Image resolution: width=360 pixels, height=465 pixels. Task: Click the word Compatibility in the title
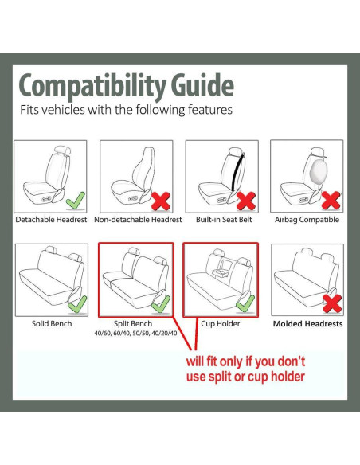[x=92, y=86]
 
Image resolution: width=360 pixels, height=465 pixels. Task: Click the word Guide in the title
[x=202, y=85]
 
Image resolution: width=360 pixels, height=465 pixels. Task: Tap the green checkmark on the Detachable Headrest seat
[x=76, y=201]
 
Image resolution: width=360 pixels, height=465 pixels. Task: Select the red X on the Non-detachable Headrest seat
[x=161, y=201]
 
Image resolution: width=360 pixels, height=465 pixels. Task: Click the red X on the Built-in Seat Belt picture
[x=246, y=201]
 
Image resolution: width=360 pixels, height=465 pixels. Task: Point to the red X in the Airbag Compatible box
[x=331, y=201]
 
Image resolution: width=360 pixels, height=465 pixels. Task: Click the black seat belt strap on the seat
[x=238, y=173]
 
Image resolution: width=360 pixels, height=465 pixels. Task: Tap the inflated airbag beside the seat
[x=318, y=170]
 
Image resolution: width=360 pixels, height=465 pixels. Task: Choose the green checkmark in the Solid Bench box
[x=77, y=304]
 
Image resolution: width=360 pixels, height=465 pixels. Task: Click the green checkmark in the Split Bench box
[x=161, y=304]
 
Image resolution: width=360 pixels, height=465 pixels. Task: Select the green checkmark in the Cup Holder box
[x=245, y=303]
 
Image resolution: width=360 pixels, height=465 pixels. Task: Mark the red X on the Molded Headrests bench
[x=332, y=303]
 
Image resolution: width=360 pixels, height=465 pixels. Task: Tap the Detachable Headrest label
[x=51, y=220]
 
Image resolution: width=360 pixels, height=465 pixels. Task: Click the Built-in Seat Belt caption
[x=224, y=220]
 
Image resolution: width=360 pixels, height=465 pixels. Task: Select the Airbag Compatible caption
[x=307, y=220]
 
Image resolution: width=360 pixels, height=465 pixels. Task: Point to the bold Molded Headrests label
[x=307, y=324]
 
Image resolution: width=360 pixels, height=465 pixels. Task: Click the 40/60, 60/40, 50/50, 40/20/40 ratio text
[x=135, y=334]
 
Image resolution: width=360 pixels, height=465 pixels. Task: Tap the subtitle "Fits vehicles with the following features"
[x=126, y=110]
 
